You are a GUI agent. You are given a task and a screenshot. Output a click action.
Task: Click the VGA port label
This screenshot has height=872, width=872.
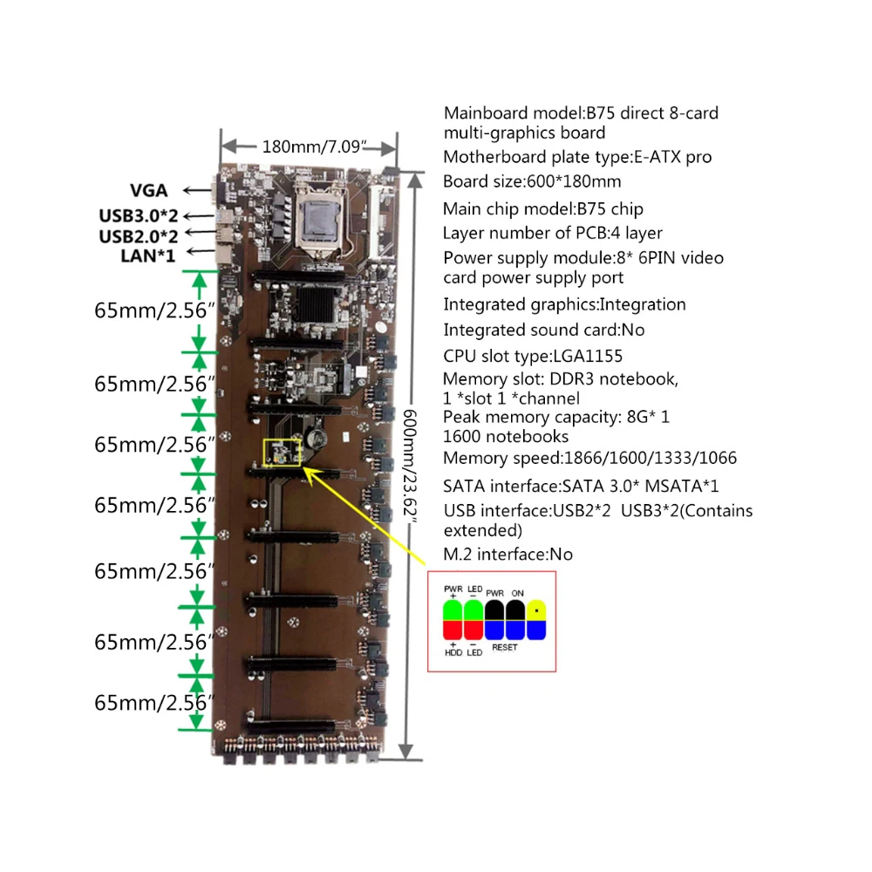148,190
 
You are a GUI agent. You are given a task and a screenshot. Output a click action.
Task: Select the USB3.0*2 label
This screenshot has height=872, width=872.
139,215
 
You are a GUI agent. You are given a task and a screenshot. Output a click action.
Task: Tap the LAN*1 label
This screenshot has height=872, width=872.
148,255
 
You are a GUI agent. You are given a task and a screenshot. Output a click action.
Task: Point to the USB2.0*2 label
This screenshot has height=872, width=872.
139,236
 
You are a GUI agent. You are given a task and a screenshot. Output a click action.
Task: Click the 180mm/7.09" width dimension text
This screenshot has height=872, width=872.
314,146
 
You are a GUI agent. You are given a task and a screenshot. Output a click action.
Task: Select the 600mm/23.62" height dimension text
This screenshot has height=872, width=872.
410,466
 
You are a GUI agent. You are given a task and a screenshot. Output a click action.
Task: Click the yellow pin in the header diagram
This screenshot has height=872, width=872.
536,610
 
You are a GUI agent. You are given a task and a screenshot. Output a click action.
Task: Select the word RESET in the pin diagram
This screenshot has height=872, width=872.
504,647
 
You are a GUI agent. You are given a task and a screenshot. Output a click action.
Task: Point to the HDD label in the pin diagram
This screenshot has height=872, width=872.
453,652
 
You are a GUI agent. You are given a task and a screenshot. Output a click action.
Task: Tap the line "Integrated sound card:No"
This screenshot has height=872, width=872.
544,330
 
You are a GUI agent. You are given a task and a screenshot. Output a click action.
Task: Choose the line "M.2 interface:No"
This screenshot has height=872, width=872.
508,554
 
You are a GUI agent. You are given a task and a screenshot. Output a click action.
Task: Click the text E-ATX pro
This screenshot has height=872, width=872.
673,157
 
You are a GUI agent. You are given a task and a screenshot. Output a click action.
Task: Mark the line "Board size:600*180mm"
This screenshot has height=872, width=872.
532,181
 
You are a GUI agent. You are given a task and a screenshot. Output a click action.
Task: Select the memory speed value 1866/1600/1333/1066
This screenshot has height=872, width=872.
651,458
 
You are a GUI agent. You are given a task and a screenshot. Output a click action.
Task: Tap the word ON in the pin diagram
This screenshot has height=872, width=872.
518,593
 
